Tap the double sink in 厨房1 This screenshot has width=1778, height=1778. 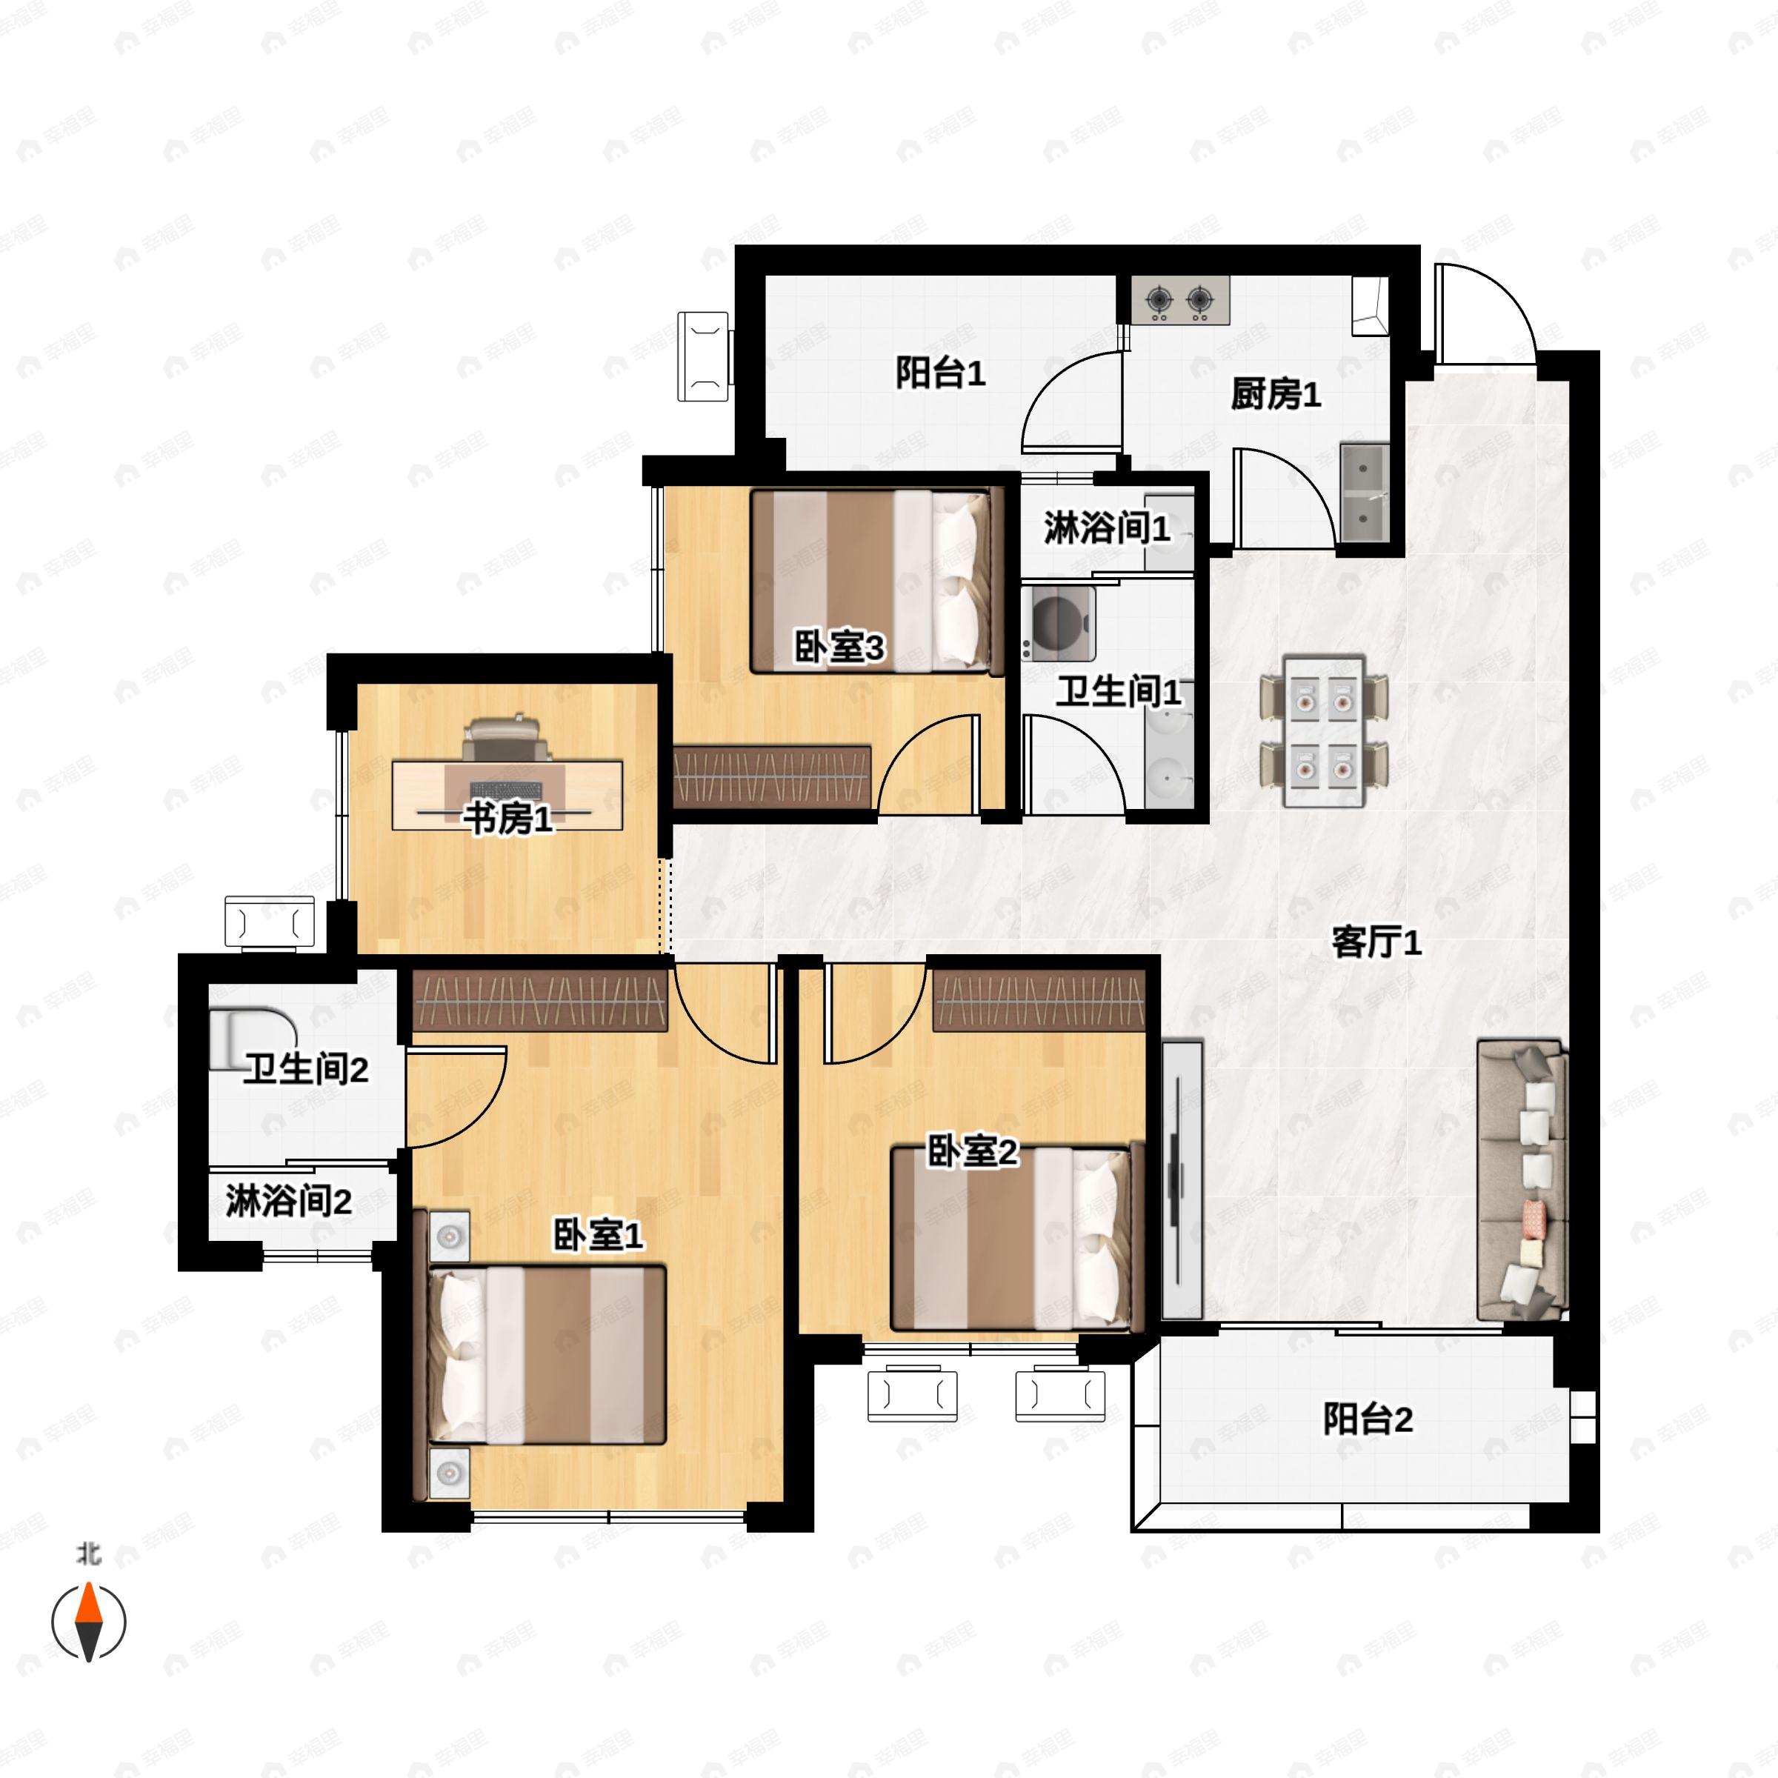click(1365, 493)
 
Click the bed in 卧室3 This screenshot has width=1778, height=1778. click(877, 581)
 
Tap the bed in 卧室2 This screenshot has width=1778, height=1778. click(1017, 1238)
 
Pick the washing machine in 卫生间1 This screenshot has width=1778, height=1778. click(1059, 624)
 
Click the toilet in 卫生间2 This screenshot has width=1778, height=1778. click(251, 1040)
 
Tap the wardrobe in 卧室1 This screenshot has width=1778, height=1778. click(541, 999)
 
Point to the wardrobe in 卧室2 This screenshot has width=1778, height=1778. click(1039, 999)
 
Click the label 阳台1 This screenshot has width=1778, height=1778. click(941, 373)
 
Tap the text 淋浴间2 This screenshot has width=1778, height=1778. click(288, 1200)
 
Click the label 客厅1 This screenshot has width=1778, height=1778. click(1376, 942)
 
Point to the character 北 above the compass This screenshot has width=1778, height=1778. click(88, 1554)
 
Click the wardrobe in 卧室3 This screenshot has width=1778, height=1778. click(772, 776)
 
